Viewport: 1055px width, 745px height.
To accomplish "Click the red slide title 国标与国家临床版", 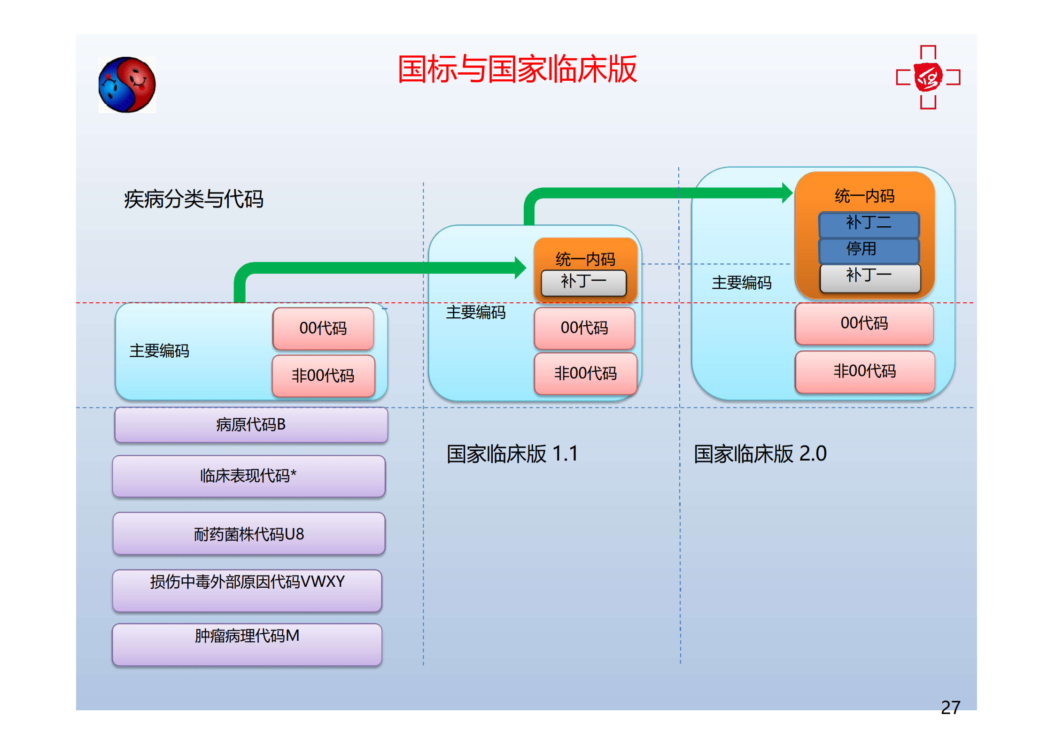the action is click(517, 69).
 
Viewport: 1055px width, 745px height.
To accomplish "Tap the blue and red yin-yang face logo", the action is click(127, 85).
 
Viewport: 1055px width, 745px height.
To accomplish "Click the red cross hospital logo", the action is click(928, 77).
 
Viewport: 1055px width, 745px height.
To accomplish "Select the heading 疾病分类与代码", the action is click(194, 199).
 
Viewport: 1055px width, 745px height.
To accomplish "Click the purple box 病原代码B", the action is click(251, 425).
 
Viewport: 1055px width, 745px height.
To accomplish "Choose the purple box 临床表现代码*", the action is click(249, 476).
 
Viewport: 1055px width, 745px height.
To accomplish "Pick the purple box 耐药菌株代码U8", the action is click(249, 534).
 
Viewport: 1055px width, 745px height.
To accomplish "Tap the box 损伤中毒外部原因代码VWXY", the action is click(247, 591).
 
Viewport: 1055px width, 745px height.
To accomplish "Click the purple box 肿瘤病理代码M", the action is click(247, 644).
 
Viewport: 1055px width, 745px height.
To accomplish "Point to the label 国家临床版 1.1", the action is click(512, 454).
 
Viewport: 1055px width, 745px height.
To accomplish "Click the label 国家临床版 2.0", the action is click(760, 454).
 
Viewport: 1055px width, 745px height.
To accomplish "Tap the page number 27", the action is click(950, 707).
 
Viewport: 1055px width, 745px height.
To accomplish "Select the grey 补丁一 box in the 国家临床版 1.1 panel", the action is click(584, 283).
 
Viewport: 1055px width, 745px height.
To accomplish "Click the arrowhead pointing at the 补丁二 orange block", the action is click(788, 193).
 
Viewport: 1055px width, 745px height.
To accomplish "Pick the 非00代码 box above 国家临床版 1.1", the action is click(586, 374).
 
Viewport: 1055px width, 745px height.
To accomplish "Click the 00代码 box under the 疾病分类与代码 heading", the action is click(323, 329).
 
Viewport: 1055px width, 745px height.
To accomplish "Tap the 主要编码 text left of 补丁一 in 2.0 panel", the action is click(742, 283).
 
